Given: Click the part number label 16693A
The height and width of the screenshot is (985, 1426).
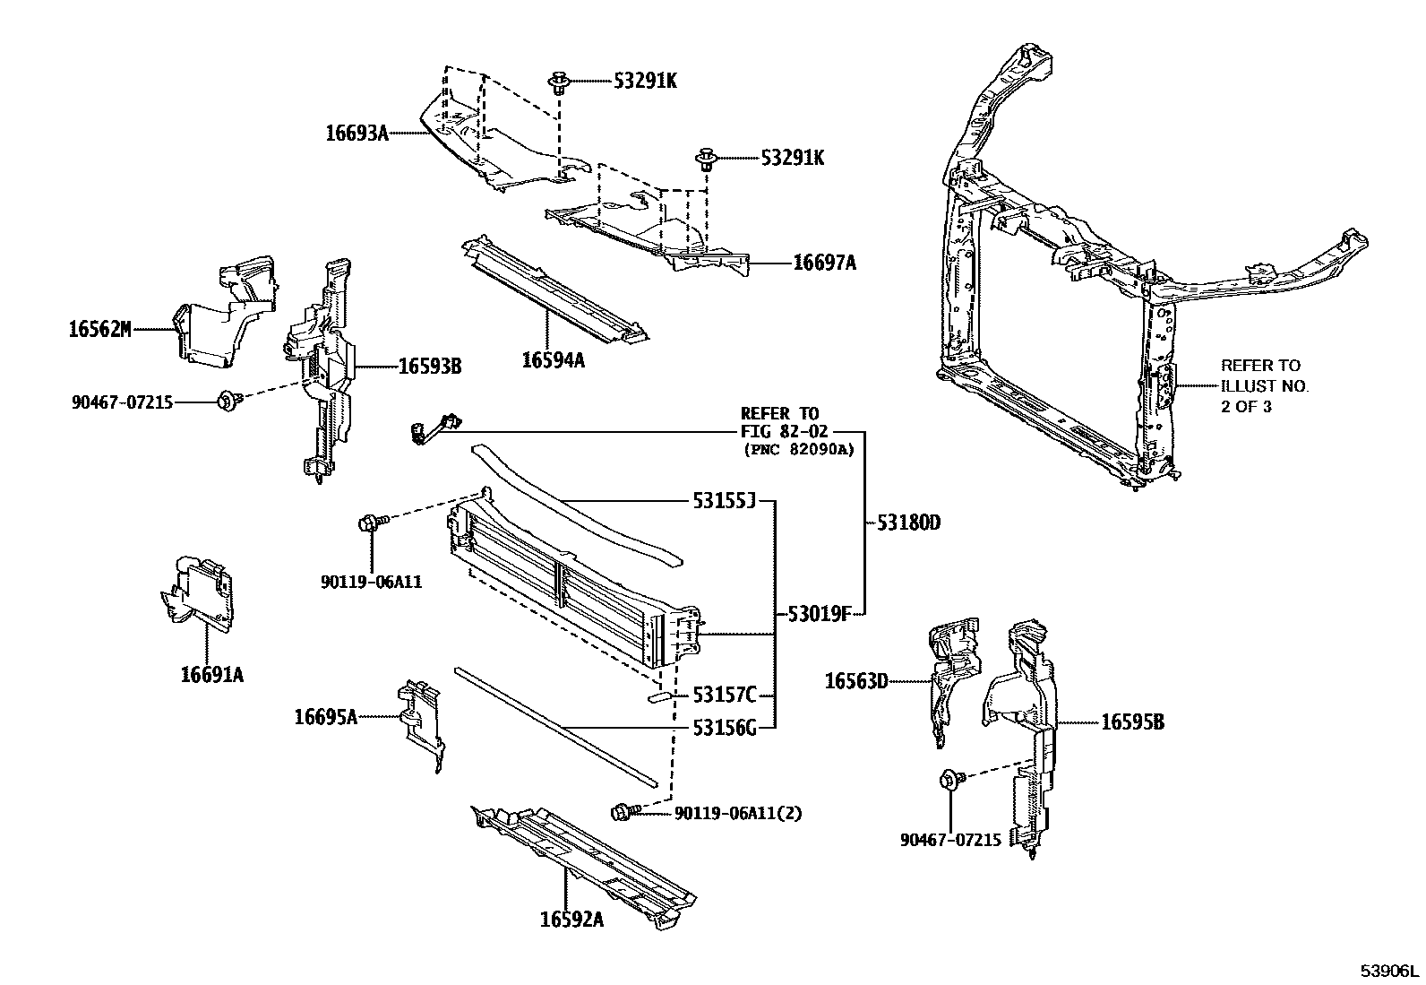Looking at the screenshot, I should coord(356,134).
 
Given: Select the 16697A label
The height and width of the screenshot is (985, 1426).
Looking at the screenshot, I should coord(824,263).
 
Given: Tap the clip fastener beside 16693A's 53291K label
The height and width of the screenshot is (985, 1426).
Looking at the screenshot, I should coord(556,83).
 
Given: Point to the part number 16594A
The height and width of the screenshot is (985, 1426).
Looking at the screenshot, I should coord(553,360).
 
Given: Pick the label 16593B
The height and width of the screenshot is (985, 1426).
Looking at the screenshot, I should coord(430,366).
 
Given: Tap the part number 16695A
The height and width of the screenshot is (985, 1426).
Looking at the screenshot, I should coord(326,716).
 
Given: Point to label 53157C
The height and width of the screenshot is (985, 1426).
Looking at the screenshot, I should coord(724,695).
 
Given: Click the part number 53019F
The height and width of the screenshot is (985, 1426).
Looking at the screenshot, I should coord(820,614).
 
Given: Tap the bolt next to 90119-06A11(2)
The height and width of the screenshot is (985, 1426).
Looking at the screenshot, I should coord(623,812).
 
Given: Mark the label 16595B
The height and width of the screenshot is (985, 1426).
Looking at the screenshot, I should coord(1132,721).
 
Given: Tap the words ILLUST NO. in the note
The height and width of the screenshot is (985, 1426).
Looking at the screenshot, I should coord(1264,386).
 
